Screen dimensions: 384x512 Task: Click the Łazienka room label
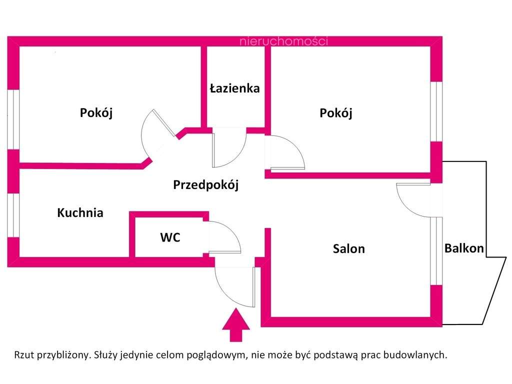[x=234, y=88]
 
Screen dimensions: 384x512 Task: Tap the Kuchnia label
[x=80, y=212]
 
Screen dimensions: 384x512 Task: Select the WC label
[x=170, y=237]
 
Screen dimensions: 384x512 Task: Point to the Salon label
[x=349, y=248]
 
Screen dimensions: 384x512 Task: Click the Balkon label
[x=464, y=248]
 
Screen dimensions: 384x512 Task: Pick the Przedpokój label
[x=205, y=185]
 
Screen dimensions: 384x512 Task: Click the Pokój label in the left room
[x=96, y=113]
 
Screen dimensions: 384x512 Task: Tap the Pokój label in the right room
[x=336, y=113]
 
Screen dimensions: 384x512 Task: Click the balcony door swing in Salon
[x=413, y=199]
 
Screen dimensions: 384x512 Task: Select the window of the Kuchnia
[x=13, y=215]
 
